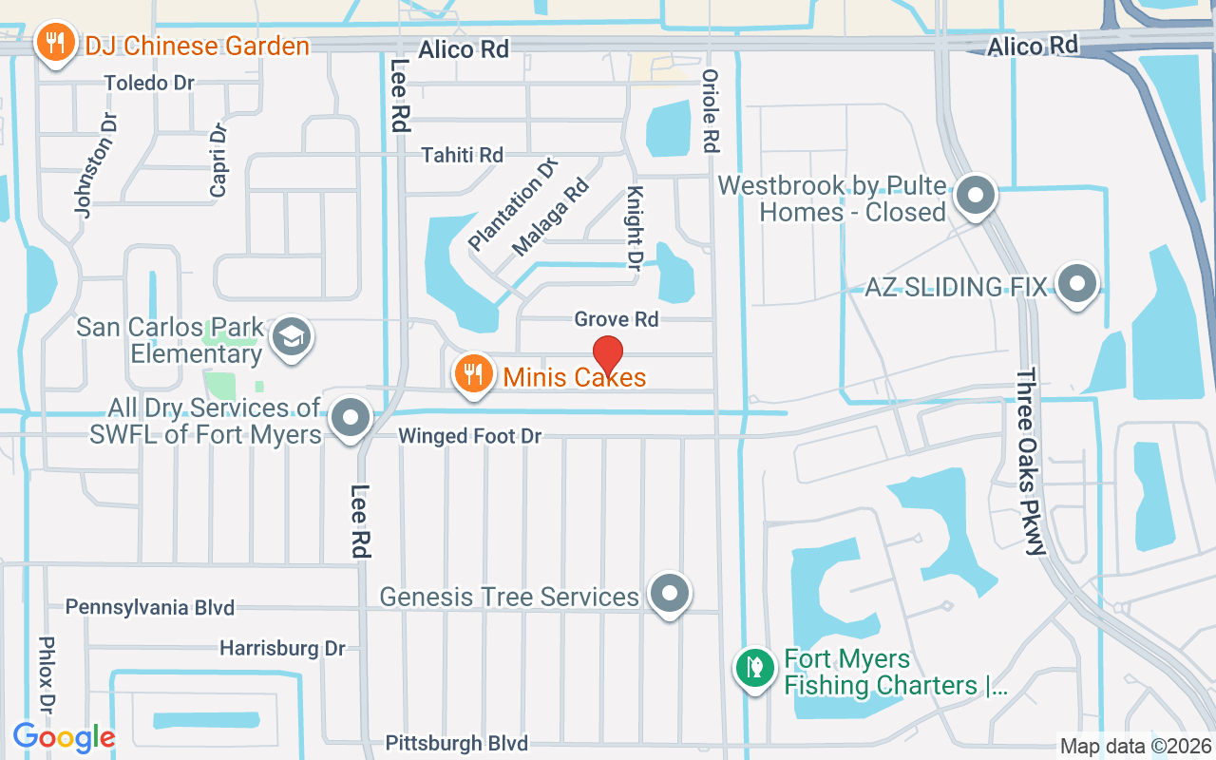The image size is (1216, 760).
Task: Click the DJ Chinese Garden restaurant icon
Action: [x=56, y=43]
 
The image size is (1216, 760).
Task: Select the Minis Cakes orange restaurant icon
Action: [x=472, y=373]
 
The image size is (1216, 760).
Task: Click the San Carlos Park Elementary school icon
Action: [x=291, y=337]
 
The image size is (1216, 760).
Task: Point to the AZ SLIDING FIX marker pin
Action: [x=1077, y=283]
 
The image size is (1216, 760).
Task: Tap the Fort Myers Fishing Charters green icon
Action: [x=754, y=668]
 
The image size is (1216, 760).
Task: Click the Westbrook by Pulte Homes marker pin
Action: [x=975, y=197]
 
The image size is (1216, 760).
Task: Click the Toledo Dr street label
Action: [x=149, y=83]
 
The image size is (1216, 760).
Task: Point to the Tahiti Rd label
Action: [x=462, y=154]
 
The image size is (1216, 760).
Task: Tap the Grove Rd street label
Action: [x=616, y=319]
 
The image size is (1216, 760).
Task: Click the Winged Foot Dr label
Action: [x=469, y=436]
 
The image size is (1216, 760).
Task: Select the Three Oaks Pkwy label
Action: [x=1030, y=461]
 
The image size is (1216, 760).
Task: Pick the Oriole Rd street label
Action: [x=709, y=111]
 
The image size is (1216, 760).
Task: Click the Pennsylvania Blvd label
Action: [x=149, y=607]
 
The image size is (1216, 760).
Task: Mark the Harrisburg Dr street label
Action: [x=282, y=648]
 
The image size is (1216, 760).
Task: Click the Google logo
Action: [x=64, y=736]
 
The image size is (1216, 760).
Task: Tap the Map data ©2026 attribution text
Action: [x=1135, y=746]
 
